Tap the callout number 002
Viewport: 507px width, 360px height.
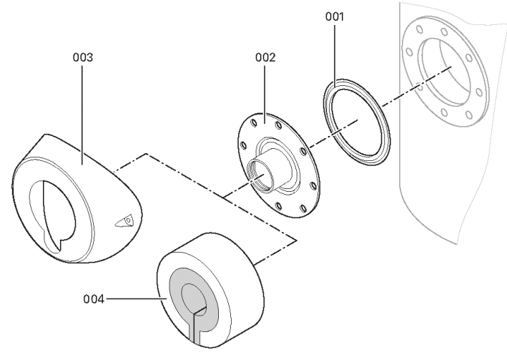(265, 54)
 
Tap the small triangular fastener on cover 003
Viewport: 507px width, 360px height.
(126, 222)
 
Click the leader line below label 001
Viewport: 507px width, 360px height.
(335, 57)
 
